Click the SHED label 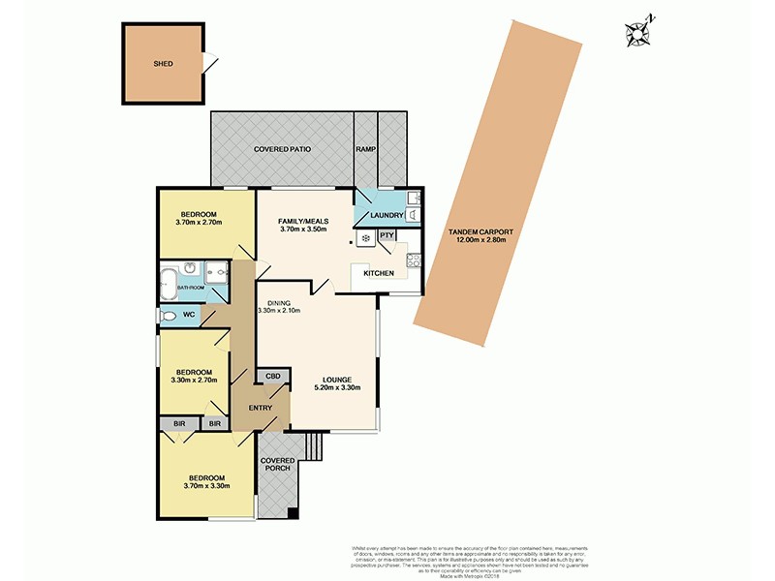(x=163, y=64)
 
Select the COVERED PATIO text (x=282, y=150)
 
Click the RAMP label (x=365, y=150)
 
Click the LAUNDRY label (x=387, y=215)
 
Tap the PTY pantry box (x=387, y=234)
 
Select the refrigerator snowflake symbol (x=365, y=237)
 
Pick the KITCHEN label (x=378, y=274)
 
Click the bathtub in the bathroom (x=168, y=284)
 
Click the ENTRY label (x=260, y=408)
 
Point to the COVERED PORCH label (x=276, y=465)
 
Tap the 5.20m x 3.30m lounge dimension (x=336, y=388)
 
